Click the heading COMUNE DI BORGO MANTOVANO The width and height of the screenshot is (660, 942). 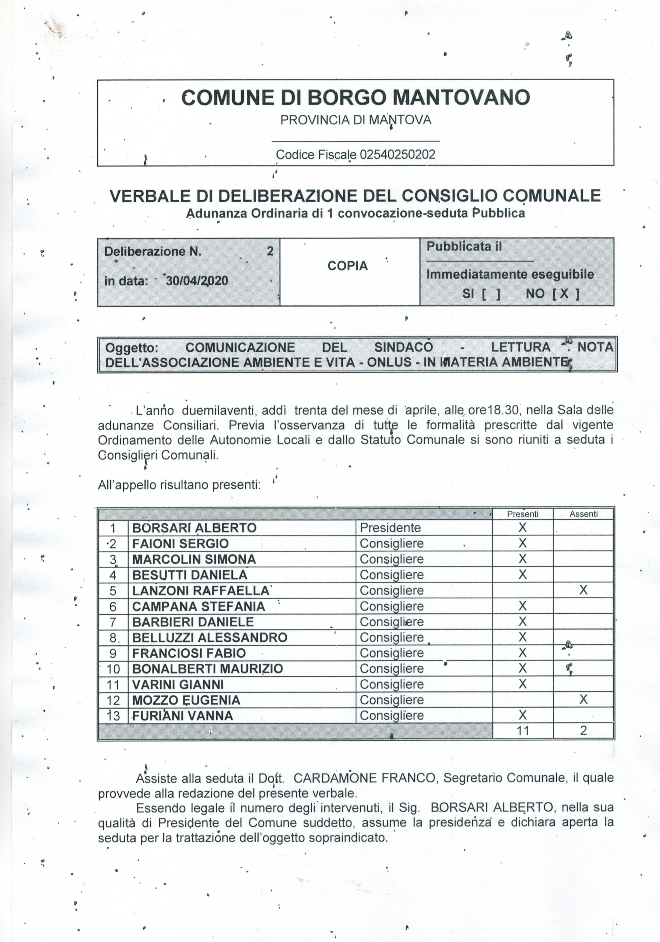[356, 98]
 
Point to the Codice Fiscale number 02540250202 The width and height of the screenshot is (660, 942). [397, 155]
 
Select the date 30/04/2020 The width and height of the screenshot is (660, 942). [197, 281]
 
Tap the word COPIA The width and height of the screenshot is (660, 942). [347, 266]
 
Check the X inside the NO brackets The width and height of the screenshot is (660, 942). [564, 293]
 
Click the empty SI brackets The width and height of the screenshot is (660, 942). [491, 294]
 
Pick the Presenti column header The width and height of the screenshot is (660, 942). [523, 514]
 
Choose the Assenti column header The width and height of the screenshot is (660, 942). [584, 514]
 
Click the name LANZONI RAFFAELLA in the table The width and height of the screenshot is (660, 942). [201, 590]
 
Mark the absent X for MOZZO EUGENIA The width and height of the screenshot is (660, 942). [584, 700]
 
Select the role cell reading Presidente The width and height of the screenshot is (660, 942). [390, 528]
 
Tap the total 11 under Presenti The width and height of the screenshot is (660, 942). [523, 730]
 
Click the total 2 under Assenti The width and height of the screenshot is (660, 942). [584, 730]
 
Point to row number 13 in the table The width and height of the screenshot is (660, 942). [113, 716]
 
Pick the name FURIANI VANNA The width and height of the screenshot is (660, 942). [182, 716]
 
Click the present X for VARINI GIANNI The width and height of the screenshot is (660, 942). [523, 684]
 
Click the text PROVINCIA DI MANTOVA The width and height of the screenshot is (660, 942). [356, 120]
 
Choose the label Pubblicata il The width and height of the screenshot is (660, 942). [464, 247]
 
